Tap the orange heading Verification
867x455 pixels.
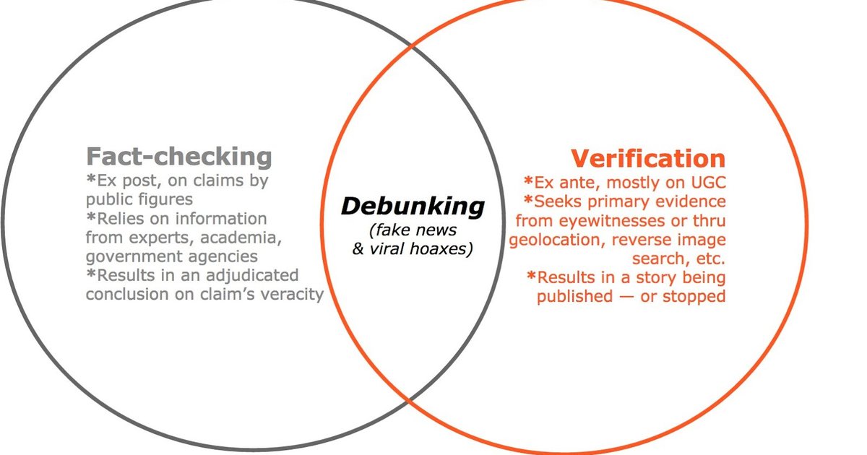648,158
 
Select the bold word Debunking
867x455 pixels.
413,207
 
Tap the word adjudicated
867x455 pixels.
252,275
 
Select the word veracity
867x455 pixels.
292,295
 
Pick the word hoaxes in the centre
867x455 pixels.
441,248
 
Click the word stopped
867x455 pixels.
694,297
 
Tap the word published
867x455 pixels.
575,297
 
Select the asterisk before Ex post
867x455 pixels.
91,178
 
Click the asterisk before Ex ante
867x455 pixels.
528,181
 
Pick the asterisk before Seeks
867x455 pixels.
528,199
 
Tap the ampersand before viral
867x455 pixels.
358,248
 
